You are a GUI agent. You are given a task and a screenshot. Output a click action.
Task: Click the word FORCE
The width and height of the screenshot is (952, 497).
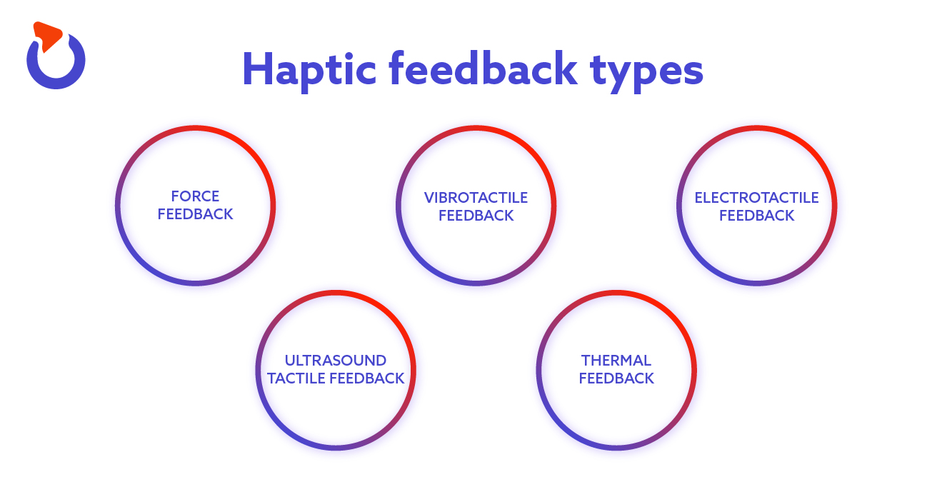click(195, 196)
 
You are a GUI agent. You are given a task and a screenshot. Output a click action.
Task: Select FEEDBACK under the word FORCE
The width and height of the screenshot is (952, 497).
click(195, 214)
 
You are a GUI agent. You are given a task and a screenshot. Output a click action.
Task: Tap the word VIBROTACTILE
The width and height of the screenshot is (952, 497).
click(476, 197)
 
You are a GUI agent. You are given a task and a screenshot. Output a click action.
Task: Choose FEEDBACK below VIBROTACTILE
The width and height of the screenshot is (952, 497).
click(476, 216)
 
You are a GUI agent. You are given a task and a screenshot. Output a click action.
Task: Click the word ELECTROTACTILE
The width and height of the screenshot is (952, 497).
click(756, 197)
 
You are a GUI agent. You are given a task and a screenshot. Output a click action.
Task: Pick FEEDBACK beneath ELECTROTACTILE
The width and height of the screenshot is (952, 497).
click(756, 216)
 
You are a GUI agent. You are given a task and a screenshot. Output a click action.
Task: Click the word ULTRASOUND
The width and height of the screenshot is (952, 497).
click(336, 360)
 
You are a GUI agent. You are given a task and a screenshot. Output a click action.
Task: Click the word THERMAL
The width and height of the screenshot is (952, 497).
click(616, 360)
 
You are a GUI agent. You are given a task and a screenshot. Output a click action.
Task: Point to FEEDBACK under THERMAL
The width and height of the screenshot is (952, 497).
click(616, 378)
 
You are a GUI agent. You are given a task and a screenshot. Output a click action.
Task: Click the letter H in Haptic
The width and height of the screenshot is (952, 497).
click(258, 69)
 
